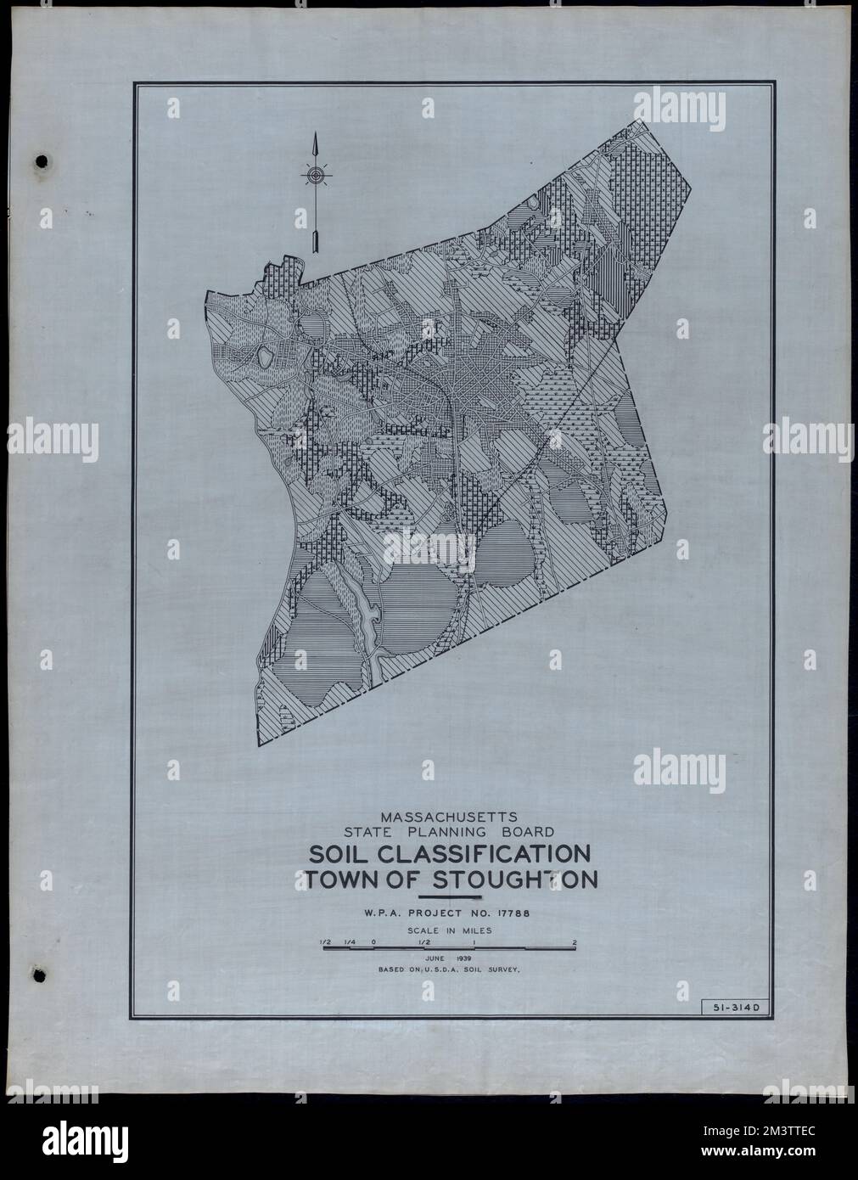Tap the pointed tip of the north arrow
[315, 136]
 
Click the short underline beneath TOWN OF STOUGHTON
[450, 896]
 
